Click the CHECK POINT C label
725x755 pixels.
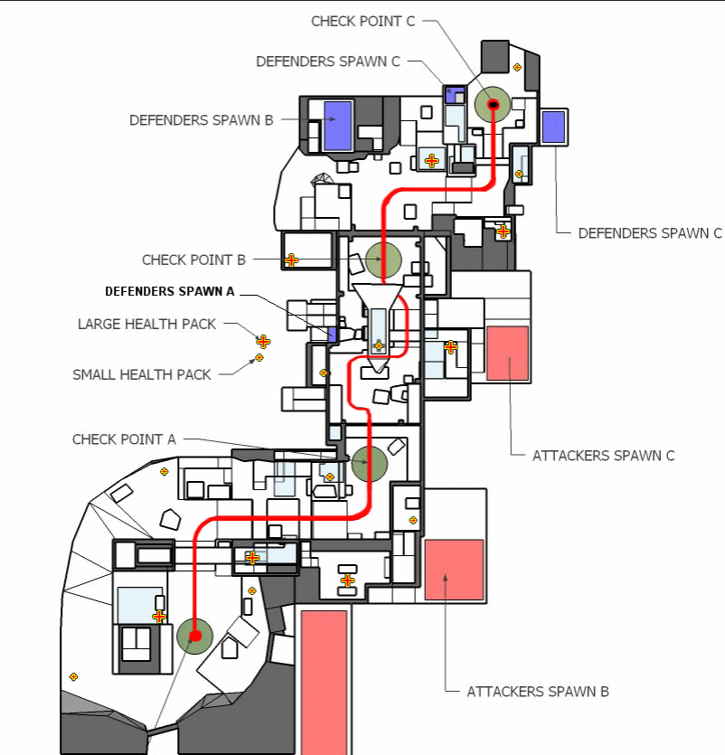363,22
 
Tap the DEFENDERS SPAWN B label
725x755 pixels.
202,120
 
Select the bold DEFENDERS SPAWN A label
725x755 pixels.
169,291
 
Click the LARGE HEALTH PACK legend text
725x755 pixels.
146,324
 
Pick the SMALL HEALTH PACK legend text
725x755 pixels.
142,374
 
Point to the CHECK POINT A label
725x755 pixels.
124,439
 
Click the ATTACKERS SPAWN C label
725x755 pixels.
603,456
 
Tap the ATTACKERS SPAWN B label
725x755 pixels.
538,692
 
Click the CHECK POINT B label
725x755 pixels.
193,260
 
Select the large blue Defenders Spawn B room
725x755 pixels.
338,127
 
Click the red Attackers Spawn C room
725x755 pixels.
507,354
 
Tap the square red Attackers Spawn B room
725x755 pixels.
454,570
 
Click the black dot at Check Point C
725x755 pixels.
493,105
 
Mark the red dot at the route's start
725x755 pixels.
195,636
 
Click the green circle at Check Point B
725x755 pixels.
383,260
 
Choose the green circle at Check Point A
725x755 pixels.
369,463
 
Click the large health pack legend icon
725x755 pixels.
263,342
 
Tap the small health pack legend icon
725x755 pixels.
259,358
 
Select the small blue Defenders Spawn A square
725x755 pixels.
332,335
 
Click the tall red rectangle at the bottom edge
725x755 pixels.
324,683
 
